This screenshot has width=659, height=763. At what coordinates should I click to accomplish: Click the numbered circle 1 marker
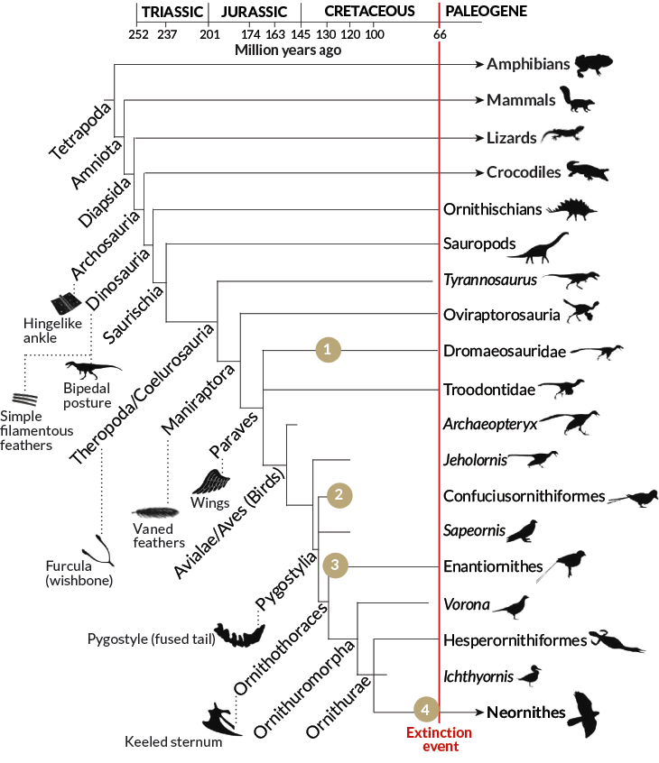click(329, 350)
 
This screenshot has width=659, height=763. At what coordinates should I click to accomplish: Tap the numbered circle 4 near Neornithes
click(427, 711)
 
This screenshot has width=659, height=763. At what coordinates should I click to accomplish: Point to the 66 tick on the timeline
click(440, 34)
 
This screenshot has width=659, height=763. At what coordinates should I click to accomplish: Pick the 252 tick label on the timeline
click(138, 34)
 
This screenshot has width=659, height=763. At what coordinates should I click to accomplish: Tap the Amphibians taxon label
click(528, 64)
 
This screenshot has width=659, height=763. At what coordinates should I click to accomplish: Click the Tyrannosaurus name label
click(490, 280)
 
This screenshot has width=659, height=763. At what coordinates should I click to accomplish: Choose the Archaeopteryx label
click(490, 422)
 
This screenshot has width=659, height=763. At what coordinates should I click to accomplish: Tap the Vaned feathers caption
click(158, 536)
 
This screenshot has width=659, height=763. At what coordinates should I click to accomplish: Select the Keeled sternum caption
click(173, 742)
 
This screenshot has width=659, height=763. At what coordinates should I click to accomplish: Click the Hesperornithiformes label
click(515, 639)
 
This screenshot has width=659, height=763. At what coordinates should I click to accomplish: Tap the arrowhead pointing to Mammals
click(476, 100)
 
